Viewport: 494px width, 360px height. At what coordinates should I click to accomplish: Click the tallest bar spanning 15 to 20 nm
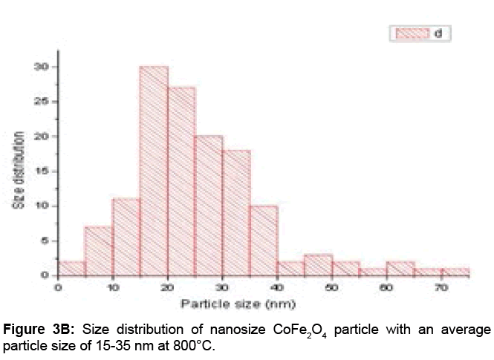pos(153,171)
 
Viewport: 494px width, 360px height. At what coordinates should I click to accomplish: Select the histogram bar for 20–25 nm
pos(181,181)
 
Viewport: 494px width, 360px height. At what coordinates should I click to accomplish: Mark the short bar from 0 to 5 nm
pos(72,269)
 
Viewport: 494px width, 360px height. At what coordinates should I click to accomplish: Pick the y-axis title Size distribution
pos(22,170)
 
